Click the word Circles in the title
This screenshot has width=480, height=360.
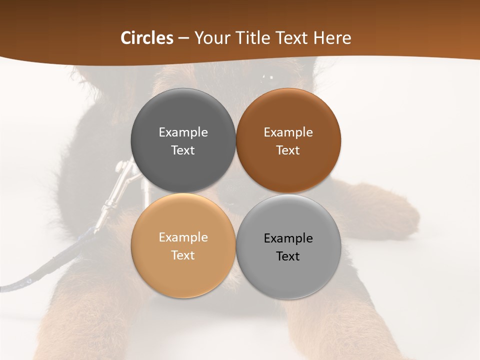[146, 38]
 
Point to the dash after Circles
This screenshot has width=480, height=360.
[183, 38]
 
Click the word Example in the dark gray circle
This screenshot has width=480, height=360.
[183, 132]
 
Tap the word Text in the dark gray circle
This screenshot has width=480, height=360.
[183, 150]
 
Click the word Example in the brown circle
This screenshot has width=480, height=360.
[288, 132]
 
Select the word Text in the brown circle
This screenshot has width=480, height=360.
[288, 150]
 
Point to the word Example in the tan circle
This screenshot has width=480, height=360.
[183, 237]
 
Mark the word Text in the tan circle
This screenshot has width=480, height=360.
[183, 255]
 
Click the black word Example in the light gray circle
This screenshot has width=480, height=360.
[288, 238]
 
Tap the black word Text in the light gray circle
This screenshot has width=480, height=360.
[288, 256]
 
